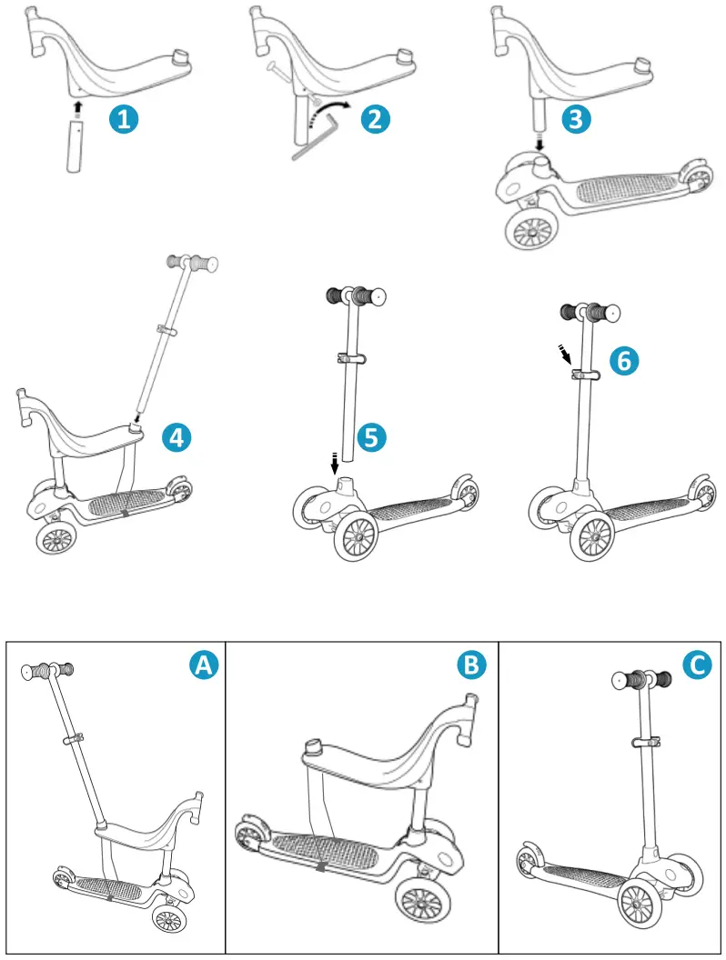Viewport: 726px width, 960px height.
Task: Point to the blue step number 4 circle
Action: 176,438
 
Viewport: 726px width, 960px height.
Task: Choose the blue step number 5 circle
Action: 371,437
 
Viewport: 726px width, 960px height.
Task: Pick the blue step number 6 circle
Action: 623,361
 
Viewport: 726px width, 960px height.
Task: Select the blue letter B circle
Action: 470,665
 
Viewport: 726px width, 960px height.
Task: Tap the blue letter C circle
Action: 697,665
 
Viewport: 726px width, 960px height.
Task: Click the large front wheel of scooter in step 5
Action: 358,538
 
